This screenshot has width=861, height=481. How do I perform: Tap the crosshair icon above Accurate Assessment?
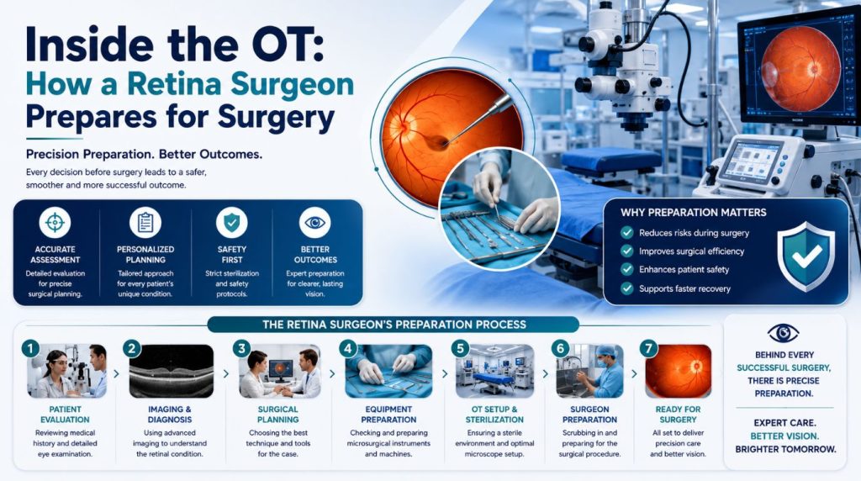tap(55, 222)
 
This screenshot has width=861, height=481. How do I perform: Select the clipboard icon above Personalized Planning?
tap(145, 222)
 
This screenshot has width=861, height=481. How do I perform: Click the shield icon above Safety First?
tap(232, 222)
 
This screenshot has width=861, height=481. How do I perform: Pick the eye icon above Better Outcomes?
tap(314, 222)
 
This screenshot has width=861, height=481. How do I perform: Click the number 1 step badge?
tap(31, 348)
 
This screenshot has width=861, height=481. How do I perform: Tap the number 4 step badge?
tap(347, 348)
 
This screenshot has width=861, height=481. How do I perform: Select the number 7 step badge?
tap(648, 348)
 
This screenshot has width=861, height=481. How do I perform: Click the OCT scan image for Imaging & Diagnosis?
tap(172, 371)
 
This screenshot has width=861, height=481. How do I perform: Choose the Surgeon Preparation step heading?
tap(589, 415)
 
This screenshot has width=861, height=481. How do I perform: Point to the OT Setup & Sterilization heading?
tap(494, 415)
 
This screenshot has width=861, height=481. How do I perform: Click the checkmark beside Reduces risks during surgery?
tap(626, 233)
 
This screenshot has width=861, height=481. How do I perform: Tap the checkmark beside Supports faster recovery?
tap(626, 288)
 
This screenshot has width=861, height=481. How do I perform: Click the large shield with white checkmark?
tap(806, 256)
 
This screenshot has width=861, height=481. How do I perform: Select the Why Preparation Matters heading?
tap(694, 213)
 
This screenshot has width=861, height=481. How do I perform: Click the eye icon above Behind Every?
tap(783, 333)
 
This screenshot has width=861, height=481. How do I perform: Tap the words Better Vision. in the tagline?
tap(784, 436)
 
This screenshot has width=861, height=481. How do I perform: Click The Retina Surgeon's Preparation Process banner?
tap(394, 325)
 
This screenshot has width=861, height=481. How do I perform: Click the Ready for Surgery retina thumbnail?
tap(679, 371)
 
